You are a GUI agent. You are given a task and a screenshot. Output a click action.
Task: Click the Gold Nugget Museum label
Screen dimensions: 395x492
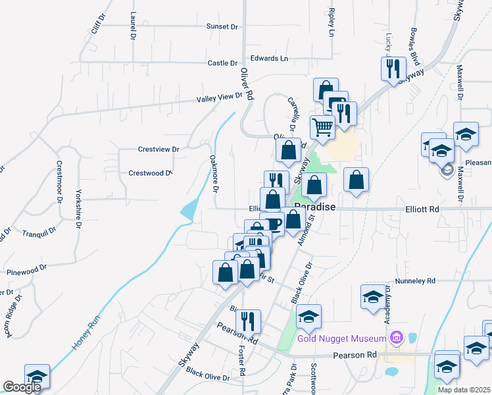click(x=341, y=338)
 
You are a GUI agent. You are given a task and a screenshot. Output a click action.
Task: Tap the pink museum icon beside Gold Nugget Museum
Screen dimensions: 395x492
click(x=395, y=338)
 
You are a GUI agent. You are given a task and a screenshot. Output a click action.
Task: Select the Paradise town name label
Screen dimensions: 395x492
click(x=314, y=207)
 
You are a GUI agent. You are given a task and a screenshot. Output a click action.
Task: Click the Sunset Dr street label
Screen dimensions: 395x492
click(x=222, y=26)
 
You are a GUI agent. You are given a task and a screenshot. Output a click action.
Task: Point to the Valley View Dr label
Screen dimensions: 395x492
click(x=220, y=97)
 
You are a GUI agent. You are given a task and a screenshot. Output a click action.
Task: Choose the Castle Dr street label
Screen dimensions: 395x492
click(x=222, y=63)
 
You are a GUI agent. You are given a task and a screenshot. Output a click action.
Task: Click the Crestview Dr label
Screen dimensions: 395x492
click(x=159, y=149)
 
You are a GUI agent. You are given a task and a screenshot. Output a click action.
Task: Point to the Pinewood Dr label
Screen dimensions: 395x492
click(x=27, y=270)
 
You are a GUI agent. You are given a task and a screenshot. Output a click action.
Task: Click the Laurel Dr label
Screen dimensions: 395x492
click(x=133, y=24)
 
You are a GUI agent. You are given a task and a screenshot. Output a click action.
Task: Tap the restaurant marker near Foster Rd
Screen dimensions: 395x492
click(x=248, y=321)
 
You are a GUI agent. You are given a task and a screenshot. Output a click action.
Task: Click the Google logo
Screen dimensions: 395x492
click(x=21, y=387)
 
